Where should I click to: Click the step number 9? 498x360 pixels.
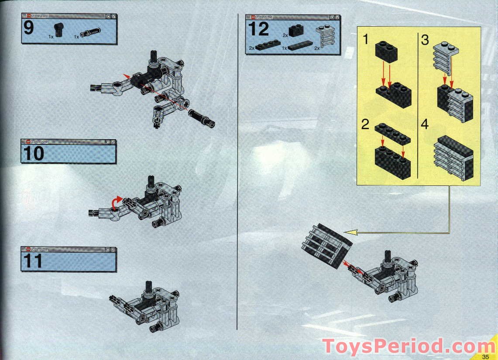[x=28, y=28]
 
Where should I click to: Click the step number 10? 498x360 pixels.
[x=33, y=154]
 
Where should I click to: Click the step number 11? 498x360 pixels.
[x=33, y=261]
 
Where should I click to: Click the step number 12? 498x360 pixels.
[x=258, y=29]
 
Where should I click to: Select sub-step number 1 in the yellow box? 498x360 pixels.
[x=366, y=40]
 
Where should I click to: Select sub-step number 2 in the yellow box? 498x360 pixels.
[x=366, y=124]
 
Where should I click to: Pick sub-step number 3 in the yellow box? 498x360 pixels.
[x=425, y=40]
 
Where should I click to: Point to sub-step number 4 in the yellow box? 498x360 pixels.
[x=425, y=124]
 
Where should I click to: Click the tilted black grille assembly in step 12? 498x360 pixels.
[x=327, y=245]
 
